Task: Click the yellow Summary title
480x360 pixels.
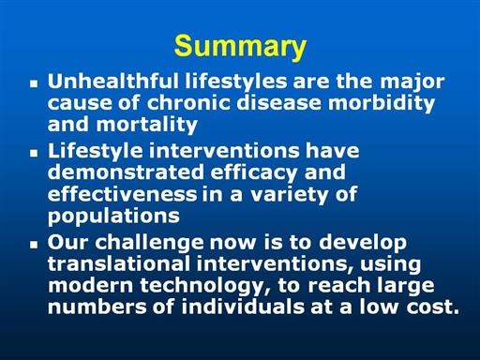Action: point(240,46)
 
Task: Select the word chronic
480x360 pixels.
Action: point(188,103)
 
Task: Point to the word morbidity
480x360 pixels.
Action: point(382,104)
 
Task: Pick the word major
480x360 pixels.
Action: point(412,82)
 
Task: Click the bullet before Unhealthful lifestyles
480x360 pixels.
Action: point(34,83)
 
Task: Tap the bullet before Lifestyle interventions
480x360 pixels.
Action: point(34,153)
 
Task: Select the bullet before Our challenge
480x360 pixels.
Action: point(34,245)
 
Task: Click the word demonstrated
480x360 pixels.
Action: point(126,172)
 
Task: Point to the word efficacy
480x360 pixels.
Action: point(253,173)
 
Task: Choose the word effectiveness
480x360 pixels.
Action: point(122,194)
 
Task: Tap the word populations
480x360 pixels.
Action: point(113,217)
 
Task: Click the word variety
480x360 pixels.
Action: point(290,195)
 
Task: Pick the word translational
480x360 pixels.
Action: point(119,263)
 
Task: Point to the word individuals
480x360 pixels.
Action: point(243,307)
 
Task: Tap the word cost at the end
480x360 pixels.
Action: point(433,307)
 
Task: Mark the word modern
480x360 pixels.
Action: point(91,285)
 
